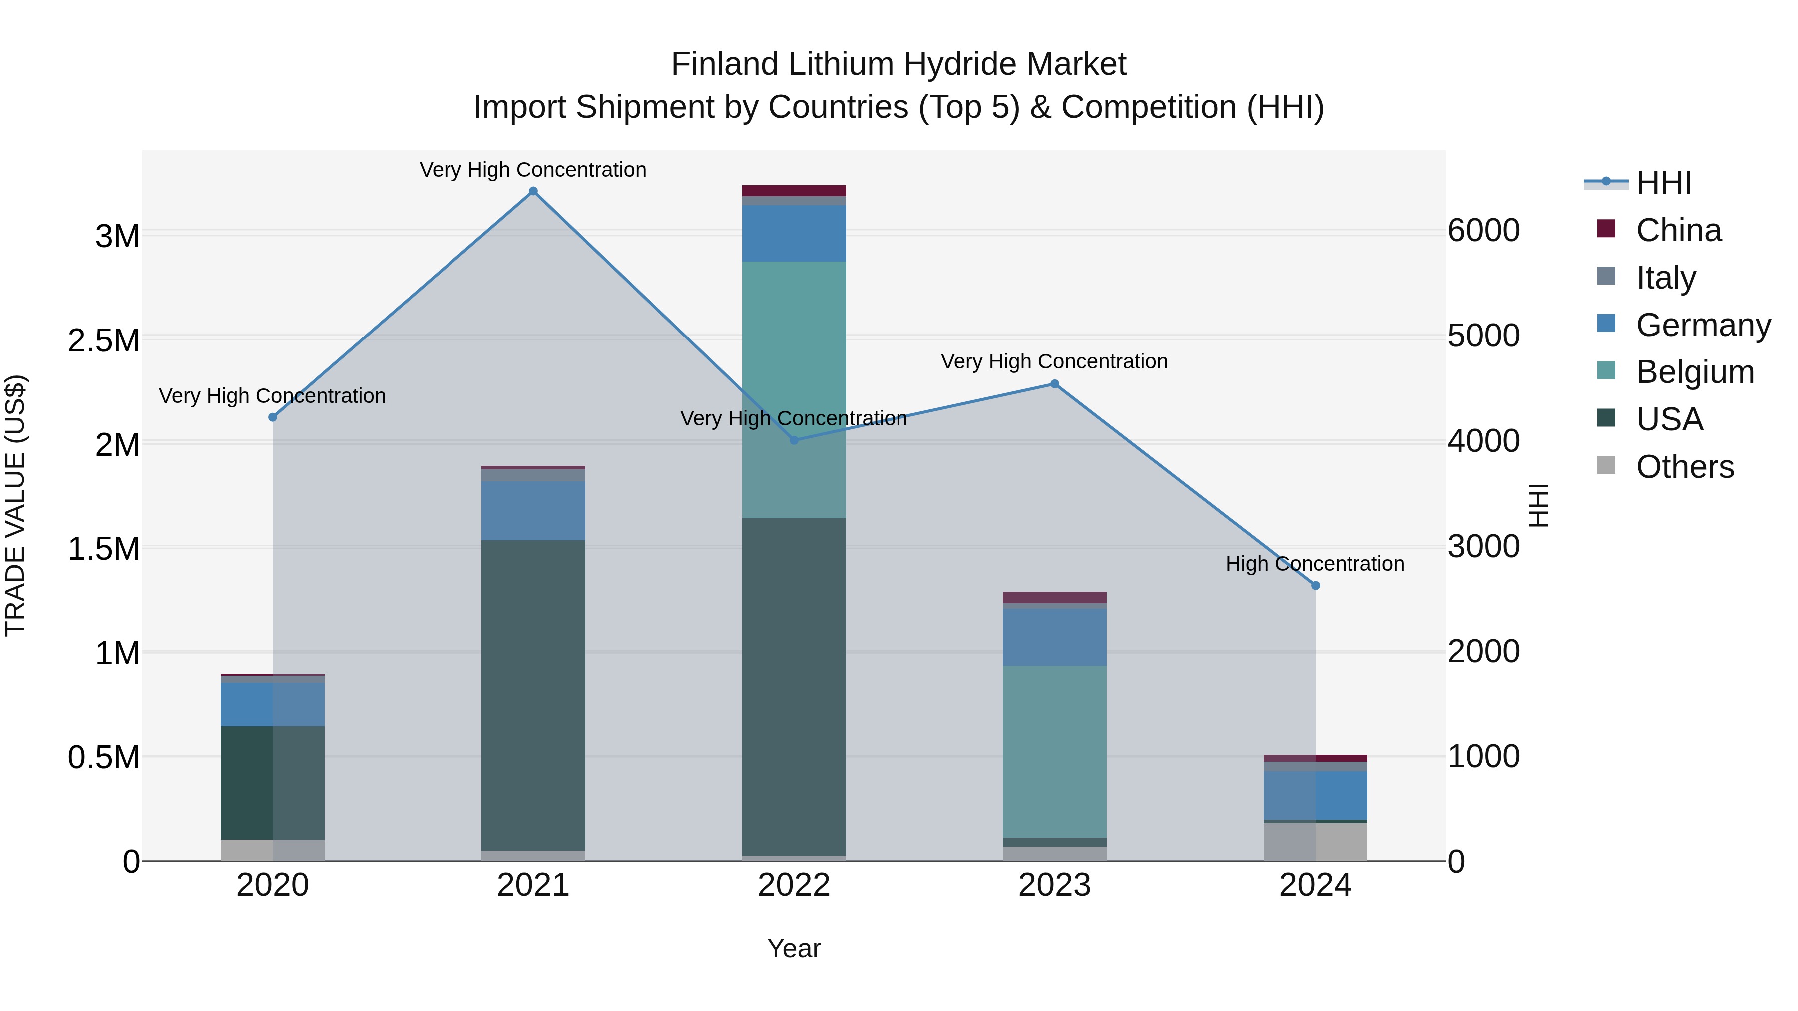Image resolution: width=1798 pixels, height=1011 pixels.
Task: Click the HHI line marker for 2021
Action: coord(533,191)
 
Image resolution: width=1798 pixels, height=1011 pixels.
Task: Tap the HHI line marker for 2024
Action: coord(1315,586)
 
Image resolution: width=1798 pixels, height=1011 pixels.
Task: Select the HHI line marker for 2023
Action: coord(1055,384)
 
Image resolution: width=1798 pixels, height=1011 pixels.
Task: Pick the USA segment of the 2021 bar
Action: coord(533,694)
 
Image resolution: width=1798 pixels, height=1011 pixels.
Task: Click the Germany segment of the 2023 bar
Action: coord(1055,637)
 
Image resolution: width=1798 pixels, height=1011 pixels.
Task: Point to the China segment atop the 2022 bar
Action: coord(794,191)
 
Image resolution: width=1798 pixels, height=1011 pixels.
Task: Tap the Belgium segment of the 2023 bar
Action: coord(1055,751)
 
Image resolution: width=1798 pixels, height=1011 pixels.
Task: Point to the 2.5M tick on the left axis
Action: coord(104,341)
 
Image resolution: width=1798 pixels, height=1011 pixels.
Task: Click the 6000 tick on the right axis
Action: coord(1483,231)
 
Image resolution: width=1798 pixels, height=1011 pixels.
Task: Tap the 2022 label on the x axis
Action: coord(794,885)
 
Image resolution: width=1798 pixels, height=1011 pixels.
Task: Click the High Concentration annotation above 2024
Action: coord(1315,563)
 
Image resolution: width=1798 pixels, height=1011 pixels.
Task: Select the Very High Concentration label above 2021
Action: coord(533,170)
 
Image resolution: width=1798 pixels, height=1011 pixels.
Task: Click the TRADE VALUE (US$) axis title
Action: coord(15,505)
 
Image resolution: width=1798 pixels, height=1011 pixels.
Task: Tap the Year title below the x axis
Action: coord(794,948)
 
